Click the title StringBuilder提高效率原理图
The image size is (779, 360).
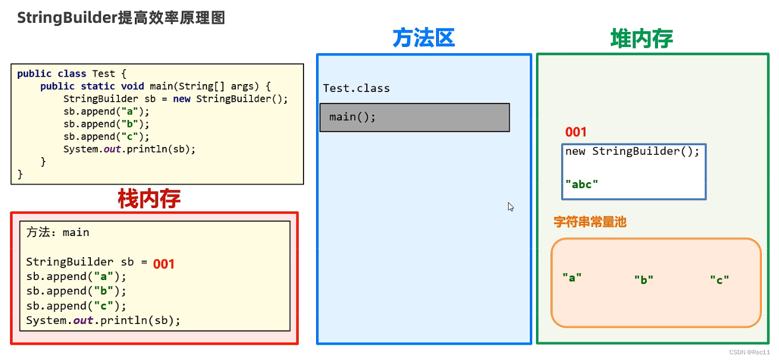point(121,18)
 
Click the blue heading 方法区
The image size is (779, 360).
point(424,38)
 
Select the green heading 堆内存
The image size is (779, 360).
point(641,38)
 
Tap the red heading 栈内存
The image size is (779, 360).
point(149,198)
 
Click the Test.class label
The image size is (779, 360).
point(356,89)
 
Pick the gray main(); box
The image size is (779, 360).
point(414,117)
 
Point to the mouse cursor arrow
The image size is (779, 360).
point(510,206)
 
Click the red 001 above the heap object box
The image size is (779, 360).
point(576,132)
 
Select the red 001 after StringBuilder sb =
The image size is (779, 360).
point(163,263)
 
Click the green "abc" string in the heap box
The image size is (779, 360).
point(581,184)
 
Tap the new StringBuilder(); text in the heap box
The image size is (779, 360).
point(632,151)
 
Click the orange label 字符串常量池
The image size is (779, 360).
point(590,222)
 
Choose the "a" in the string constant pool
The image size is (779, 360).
point(572,278)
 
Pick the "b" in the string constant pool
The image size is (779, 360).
point(644,279)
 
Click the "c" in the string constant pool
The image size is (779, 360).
point(720,279)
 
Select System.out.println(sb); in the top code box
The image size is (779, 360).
point(129,149)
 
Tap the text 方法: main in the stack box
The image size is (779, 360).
point(58,233)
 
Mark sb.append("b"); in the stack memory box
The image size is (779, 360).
point(76,291)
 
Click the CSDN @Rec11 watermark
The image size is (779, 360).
point(750,352)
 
